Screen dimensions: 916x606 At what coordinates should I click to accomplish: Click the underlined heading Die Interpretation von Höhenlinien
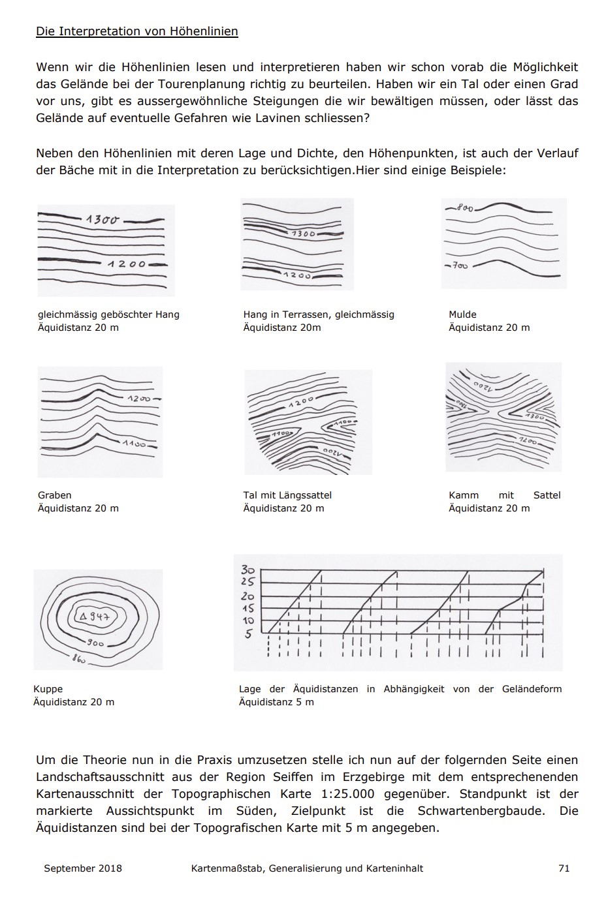(136, 31)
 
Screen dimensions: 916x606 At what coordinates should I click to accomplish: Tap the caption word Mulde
(462, 314)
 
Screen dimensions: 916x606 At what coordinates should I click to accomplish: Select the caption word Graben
(55, 495)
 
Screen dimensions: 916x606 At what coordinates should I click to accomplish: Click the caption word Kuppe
(48, 689)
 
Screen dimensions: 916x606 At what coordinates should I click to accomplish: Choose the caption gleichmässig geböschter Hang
(108, 314)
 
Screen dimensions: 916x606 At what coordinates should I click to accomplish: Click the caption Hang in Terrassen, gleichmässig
(319, 314)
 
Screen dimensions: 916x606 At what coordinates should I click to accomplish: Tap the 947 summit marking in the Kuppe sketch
(96, 617)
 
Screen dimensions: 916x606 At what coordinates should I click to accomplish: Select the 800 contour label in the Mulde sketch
(464, 208)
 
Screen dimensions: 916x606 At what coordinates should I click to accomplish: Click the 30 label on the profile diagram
(247, 569)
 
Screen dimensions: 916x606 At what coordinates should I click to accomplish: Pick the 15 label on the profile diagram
(248, 609)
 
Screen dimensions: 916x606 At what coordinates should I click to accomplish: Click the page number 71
(564, 868)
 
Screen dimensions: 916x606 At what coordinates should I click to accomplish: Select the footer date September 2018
(83, 868)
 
